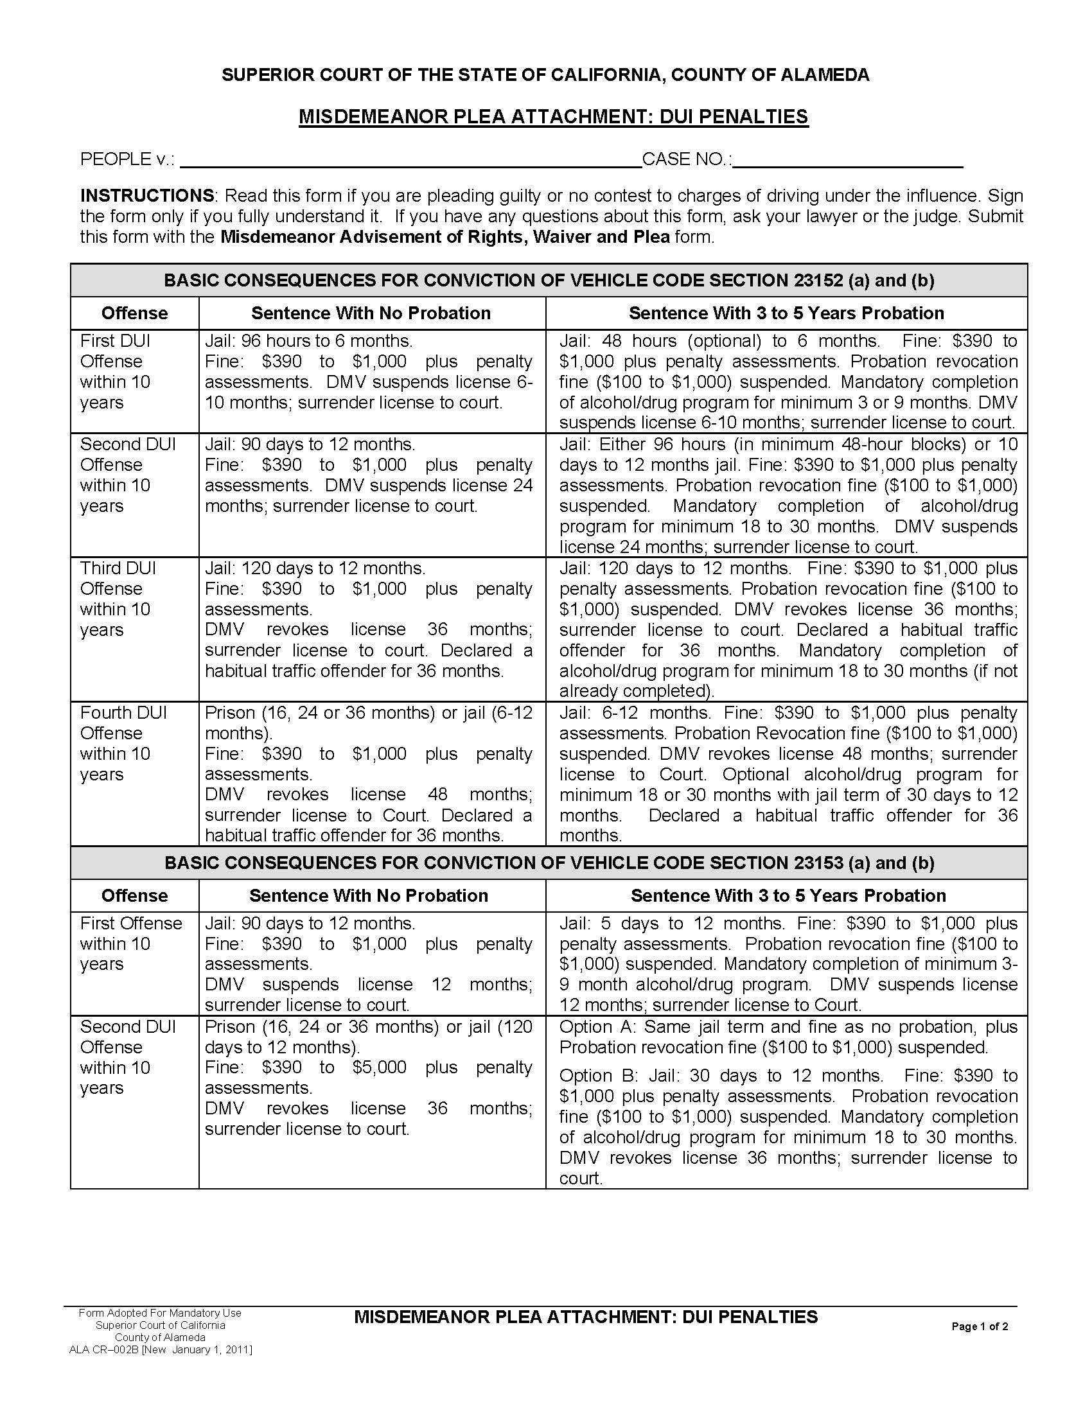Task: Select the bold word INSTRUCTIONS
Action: [x=147, y=195]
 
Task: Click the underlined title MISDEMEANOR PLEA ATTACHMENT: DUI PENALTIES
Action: [x=553, y=117]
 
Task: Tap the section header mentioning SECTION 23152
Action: [x=549, y=280]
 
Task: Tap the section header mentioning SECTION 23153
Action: [x=549, y=863]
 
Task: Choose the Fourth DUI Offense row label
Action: [x=123, y=742]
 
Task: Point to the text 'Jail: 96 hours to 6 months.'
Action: [x=308, y=341]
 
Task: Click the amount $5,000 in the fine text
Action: [x=379, y=1067]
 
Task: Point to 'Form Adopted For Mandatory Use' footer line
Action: [x=160, y=1313]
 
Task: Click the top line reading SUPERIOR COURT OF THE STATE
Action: [x=545, y=75]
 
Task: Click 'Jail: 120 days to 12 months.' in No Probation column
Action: [x=315, y=568]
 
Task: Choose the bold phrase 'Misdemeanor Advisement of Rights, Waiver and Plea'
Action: [x=445, y=237]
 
